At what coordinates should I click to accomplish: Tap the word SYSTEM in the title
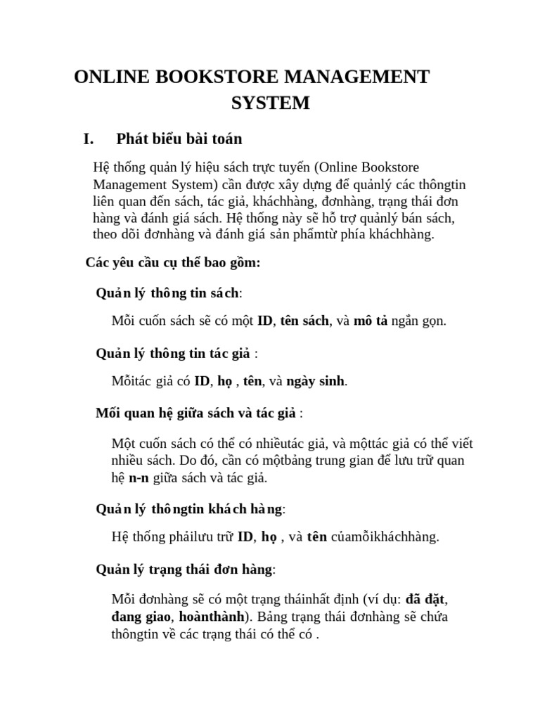pos(271,103)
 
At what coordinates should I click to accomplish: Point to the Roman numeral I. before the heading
pos(89,139)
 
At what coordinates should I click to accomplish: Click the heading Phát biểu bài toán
pos(179,139)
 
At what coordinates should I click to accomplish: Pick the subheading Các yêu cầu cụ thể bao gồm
pos(173,263)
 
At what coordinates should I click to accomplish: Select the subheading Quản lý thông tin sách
pos(168,292)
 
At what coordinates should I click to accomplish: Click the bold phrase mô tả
pos(371,321)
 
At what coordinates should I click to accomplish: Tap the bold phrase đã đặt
pos(427,600)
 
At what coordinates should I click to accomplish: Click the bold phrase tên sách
pos(304,321)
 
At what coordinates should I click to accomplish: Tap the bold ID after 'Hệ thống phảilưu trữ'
pos(245,537)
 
